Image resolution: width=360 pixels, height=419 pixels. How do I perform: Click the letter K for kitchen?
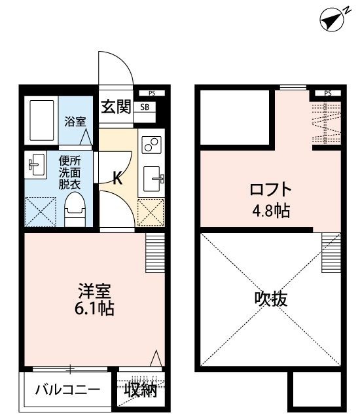(x=118, y=178)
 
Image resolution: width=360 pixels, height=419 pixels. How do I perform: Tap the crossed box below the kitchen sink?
(x=151, y=211)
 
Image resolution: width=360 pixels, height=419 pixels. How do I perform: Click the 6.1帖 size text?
(x=96, y=308)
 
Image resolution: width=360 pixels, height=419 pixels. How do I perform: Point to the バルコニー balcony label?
(x=67, y=391)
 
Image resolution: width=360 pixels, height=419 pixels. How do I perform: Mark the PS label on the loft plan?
(x=327, y=94)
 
